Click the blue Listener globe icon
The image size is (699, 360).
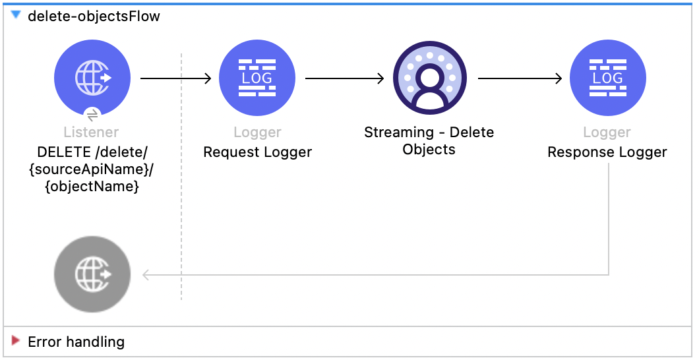pyautogui.click(x=92, y=78)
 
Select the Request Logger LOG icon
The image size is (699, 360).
pyautogui.click(x=257, y=78)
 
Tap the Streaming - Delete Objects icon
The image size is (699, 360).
pyautogui.click(x=429, y=78)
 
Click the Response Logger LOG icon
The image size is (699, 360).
pyautogui.click(x=607, y=78)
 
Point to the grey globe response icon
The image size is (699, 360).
pyautogui.click(x=92, y=274)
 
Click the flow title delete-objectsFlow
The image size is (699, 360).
pyautogui.click(x=94, y=16)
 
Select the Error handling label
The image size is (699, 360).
pyautogui.click(x=76, y=342)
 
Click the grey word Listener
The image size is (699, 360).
pyautogui.click(x=92, y=133)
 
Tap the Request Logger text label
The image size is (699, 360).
pyautogui.click(x=257, y=152)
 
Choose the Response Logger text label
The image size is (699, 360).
pyautogui.click(x=607, y=152)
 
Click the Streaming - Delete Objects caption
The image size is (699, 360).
pyautogui.click(x=429, y=140)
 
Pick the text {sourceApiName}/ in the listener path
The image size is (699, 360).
pyautogui.click(x=92, y=169)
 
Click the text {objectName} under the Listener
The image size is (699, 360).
pyautogui.click(x=92, y=187)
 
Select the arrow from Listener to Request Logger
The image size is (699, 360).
pyautogui.click(x=175, y=78)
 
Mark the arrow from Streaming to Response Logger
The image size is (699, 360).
pyautogui.click(x=520, y=78)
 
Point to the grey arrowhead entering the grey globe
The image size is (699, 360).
pyautogui.click(x=146, y=275)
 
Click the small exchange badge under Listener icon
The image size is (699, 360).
pyautogui.click(x=92, y=113)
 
